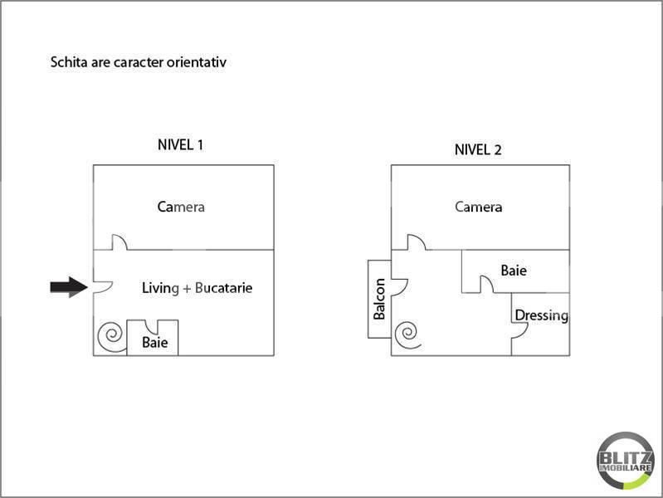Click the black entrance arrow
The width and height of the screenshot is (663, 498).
pyautogui.click(x=69, y=287)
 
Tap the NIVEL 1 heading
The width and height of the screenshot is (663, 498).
pyautogui.click(x=181, y=145)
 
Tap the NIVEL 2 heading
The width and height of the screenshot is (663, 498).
pyautogui.click(x=478, y=149)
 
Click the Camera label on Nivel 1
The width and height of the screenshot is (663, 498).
pyautogui.click(x=181, y=207)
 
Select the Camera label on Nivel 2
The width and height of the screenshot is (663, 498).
pyautogui.click(x=479, y=207)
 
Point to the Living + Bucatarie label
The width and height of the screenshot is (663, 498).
pyautogui.click(x=197, y=288)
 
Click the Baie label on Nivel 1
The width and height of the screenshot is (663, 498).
pyautogui.click(x=155, y=342)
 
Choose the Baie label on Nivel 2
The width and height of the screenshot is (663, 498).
pyautogui.click(x=514, y=271)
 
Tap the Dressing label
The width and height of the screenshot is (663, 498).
pyautogui.click(x=542, y=315)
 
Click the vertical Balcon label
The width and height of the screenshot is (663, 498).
pyautogui.click(x=379, y=299)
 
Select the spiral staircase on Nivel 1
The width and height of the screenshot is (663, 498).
pyautogui.click(x=112, y=336)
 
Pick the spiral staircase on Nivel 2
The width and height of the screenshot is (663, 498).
pyautogui.click(x=408, y=334)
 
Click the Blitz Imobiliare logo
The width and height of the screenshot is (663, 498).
pyautogui.click(x=626, y=461)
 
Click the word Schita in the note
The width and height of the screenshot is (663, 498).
pyautogui.click(x=70, y=62)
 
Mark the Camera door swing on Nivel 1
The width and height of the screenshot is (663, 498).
pyautogui.click(x=119, y=242)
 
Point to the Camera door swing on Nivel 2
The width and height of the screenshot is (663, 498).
pyautogui.click(x=417, y=242)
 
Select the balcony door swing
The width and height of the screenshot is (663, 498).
pyautogui.click(x=400, y=287)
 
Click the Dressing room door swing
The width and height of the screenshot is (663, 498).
pyautogui.click(x=520, y=331)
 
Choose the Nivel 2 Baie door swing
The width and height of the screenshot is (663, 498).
pyautogui.click(x=487, y=284)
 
